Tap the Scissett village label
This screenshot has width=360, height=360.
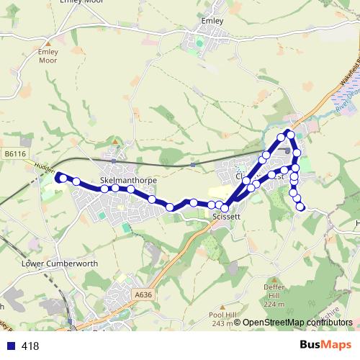pyautogui.click(x=227, y=216)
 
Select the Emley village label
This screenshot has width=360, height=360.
pyautogui.click(x=213, y=21)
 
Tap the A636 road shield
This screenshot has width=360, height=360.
pyautogui.click(x=143, y=294)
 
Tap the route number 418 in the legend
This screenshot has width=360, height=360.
pyautogui.click(x=30, y=346)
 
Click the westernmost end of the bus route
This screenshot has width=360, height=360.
pyautogui.click(x=58, y=174)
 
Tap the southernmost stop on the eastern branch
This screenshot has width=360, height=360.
pyautogui.click(x=300, y=207)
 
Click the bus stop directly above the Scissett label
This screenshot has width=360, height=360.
pyautogui.click(x=224, y=207)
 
